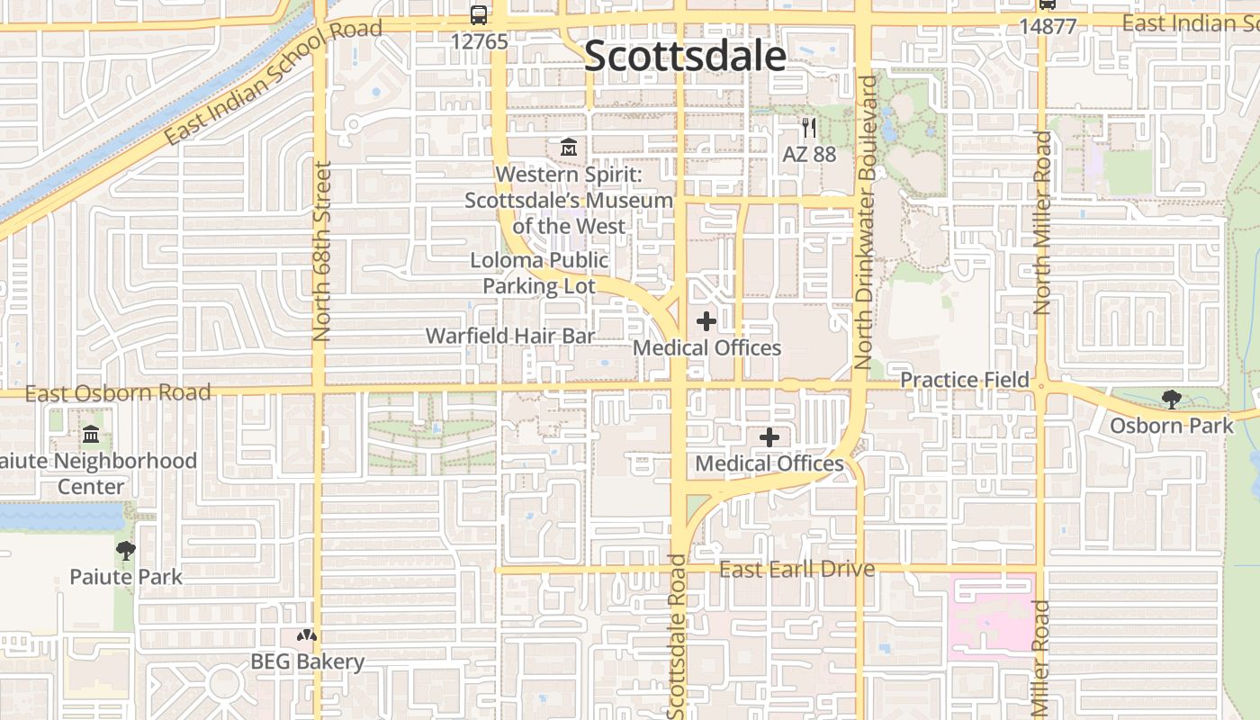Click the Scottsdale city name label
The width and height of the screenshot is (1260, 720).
tap(686, 56)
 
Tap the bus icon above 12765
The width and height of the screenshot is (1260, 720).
tap(479, 14)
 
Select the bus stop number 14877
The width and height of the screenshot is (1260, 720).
tap(1048, 26)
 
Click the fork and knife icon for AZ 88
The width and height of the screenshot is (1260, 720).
tap(809, 128)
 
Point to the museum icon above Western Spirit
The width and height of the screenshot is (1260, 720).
tap(569, 147)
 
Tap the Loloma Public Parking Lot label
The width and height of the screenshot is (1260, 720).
tap(539, 274)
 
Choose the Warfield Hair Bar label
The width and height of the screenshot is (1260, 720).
tap(510, 336)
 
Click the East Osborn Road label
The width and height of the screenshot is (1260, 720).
tap(118, 393)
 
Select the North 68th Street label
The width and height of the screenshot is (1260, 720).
tap(322, 251)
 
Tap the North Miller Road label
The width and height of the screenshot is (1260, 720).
tap(1042, 223)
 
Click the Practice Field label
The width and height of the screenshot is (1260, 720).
tap(965, 380)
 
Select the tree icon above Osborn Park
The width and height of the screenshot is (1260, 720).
tap(1171, 399)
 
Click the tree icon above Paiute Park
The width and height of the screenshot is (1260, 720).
tap(126, 551)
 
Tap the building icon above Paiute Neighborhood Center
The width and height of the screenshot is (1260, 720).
tap(91, 436)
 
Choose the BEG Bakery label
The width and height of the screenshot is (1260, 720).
tap(308, 661)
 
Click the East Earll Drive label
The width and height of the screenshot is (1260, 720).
tap(796, 569)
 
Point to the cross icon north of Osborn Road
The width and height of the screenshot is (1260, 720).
tap(706, 320)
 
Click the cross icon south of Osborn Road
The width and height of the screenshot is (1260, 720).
tap(769, 437)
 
